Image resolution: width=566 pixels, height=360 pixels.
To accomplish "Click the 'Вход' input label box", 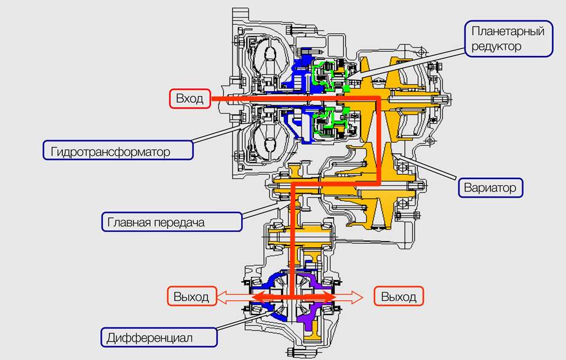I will pos(189,98).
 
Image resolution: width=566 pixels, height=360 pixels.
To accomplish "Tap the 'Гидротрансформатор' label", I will pos(116,150).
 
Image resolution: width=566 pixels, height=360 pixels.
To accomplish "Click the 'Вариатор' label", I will pos(490,186).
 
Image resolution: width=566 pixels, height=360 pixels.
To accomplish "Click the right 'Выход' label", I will pos(399,297).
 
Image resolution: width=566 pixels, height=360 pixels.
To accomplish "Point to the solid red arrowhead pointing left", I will pos(253,297).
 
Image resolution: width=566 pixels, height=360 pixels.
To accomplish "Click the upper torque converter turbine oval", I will pos(269,62).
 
